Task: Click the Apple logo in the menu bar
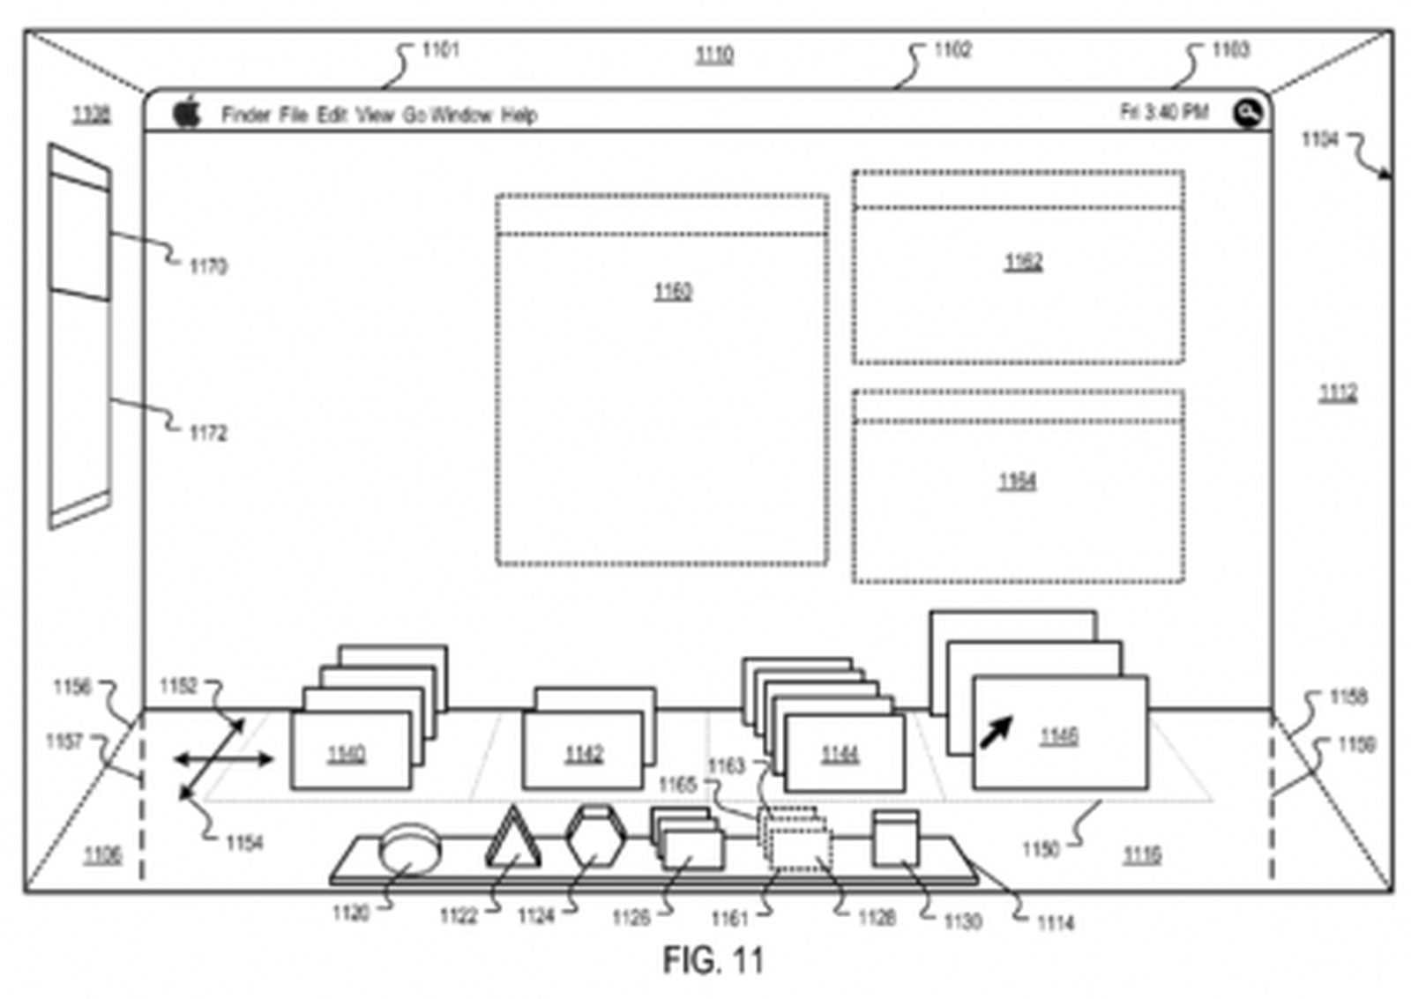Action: pyautogui.click(x=187, y=112)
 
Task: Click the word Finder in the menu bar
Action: pyautogui.click(x=246, y=115)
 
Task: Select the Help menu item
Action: pyautogui.click(x=519, y=115)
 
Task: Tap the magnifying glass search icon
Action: pyautogui.click(x=1247, y=113)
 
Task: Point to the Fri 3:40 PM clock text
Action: pyautogui.click(x=1163, y=112)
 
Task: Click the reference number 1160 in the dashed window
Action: pyautogui.click(x=673, y=291)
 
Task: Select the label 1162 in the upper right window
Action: pyautogui.click(x=1023, y=262)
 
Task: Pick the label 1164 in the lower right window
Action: pyautogui.click(x=1017, y=481)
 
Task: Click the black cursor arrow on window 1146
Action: pyautogui.click(x=997, y=732)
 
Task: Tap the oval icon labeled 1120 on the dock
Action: pyautogui.click(x=408, y=848)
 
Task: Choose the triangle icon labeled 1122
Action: pyautogui.click(x=512, y=840)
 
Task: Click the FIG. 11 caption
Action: pyautogui.click(x=713, y=959)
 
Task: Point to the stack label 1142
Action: pyautogui.click(x=584, y=754)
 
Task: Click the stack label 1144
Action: pyautogui.click(x=840, y=754)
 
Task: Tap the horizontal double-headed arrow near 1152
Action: pyautogui.click(x=223, y=759)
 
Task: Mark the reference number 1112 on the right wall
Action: pyautogui.click(x=1337, y=392)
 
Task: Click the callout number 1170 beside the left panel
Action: pyautogui.click(x=208, y=265)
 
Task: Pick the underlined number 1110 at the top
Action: pyautogui.click(x=713, y=55)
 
